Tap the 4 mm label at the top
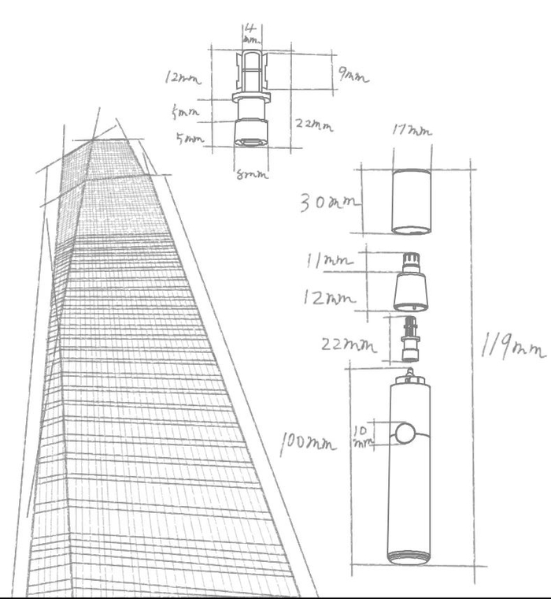tap(250, 34)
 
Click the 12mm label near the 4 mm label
tap(183, 77)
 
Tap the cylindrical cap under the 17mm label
tap(411, 201)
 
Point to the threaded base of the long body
tap(410, 556)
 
